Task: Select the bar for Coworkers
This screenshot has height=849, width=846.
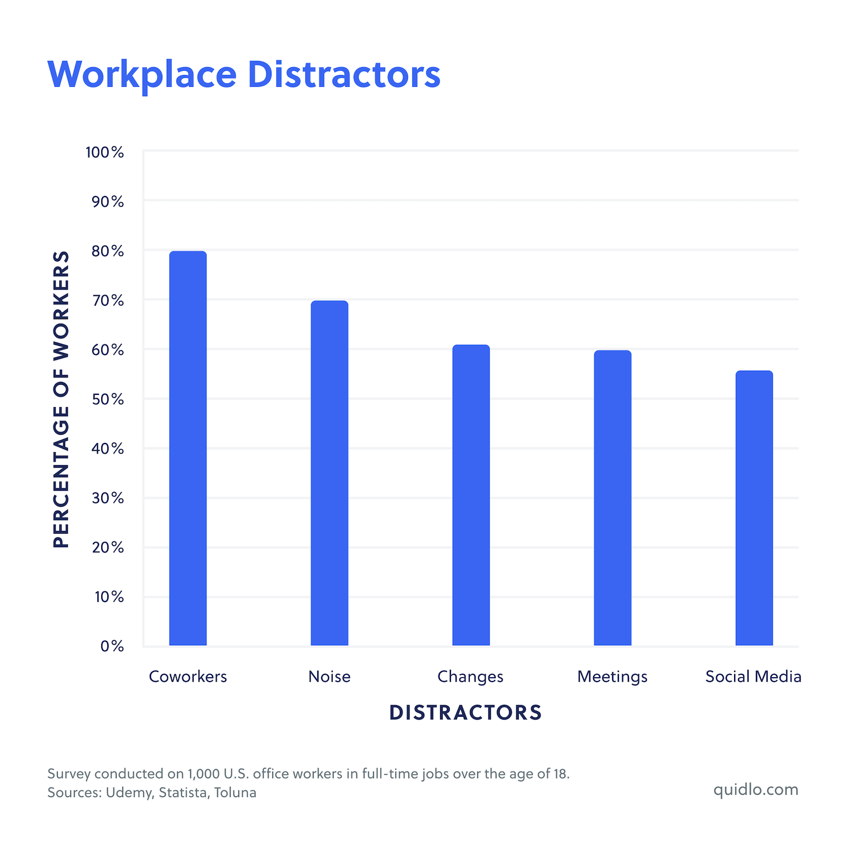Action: pyautogui.click(x=188, y=448)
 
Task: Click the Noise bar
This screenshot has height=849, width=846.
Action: pyautogui.click(x=330, y=473)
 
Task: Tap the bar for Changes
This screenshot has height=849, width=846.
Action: pyautogui.click(x=471, y=495)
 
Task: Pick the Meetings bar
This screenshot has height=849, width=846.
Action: pyautogui.click(x=613, y=498)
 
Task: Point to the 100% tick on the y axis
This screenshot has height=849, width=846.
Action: pyautogui.click(x=105, y=152)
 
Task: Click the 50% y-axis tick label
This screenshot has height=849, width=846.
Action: pyautogui.click(x=108, y=399)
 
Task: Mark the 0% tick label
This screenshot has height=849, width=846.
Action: pyautogui.click(x=112, y=646)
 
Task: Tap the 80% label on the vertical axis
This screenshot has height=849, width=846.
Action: pyautogui.click(x=108, y=251)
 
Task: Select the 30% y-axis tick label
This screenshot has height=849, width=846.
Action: pyautogui.click(x=108, y=498)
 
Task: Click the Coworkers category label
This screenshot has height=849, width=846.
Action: pyautogui.click(x=188, y=677)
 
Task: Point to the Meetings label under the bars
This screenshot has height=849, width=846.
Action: pyautogui.click(x=612, y=677)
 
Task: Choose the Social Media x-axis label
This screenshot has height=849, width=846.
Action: pyautogui.click(x=753, y=677)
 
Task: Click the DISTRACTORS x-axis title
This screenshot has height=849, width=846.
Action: pyautogui.click(x=466, y=712)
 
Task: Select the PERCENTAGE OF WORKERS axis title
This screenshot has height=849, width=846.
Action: pyautogui.click(x=61, y=399)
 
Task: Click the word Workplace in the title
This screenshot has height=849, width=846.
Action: pyautogui.click(x=142, y=74)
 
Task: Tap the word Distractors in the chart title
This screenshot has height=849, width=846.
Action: pyautogui.click(x=344, y=74)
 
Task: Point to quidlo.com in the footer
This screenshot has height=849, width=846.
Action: pyautogui.click(x=755, y=790)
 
